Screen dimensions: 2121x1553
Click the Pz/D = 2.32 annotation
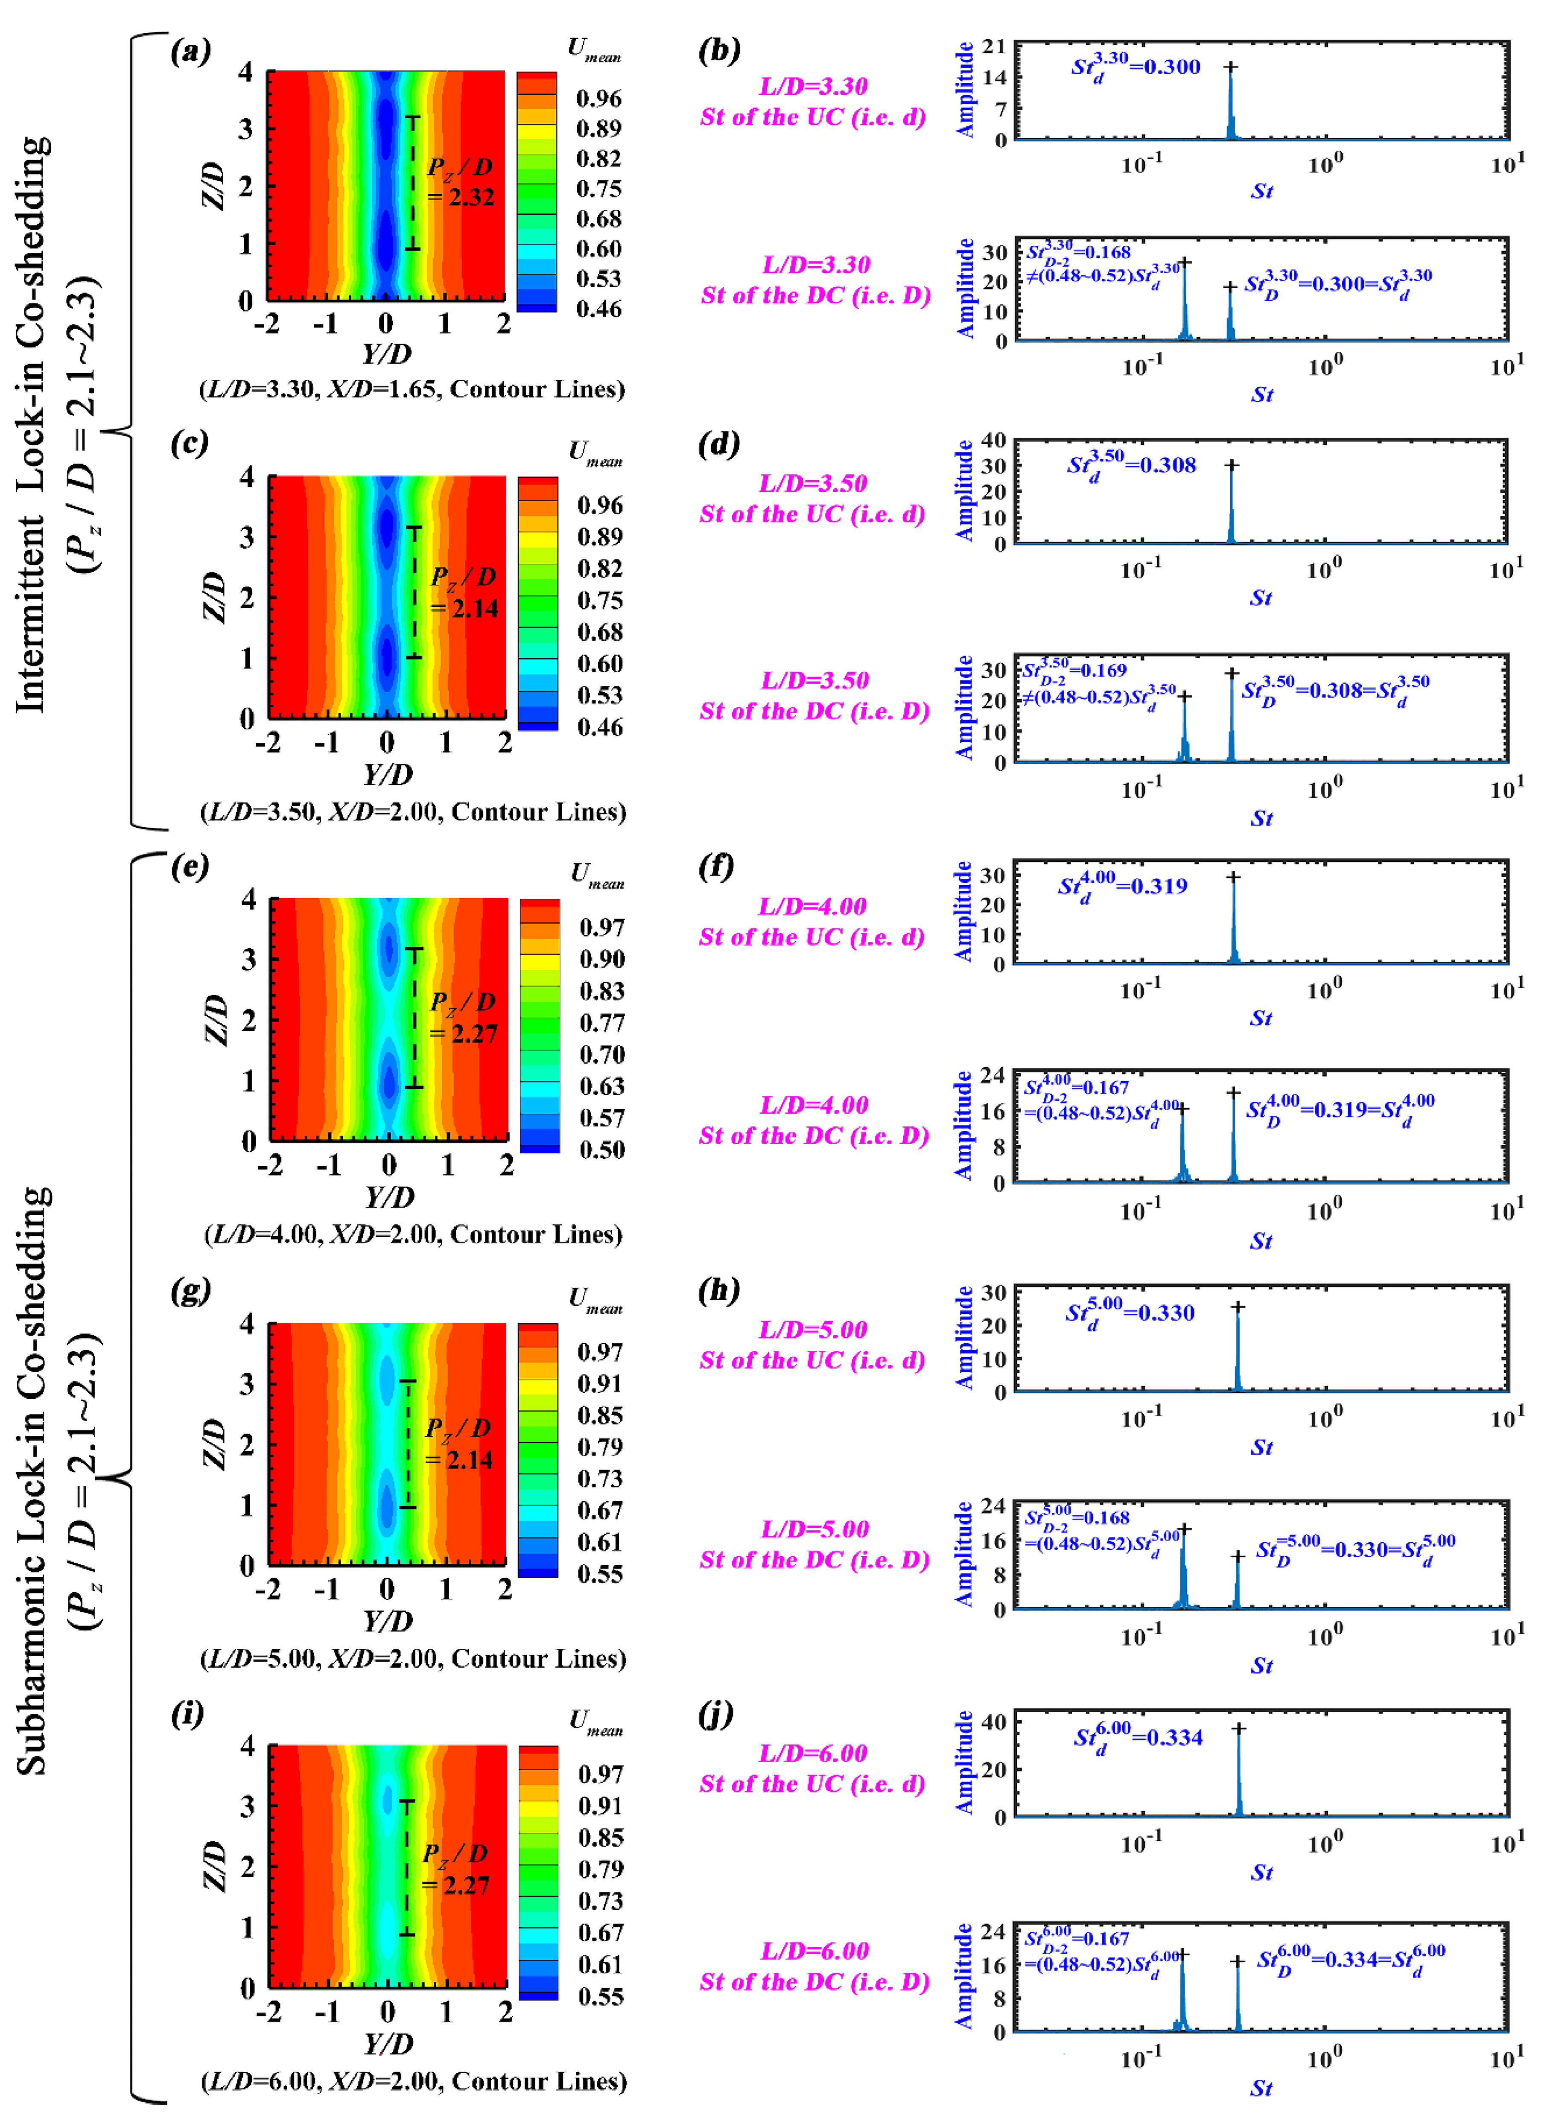pos(461,181)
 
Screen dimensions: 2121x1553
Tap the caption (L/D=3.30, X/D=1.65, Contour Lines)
pos(412,389)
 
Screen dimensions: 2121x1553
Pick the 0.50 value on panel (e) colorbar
pos(601,1149)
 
